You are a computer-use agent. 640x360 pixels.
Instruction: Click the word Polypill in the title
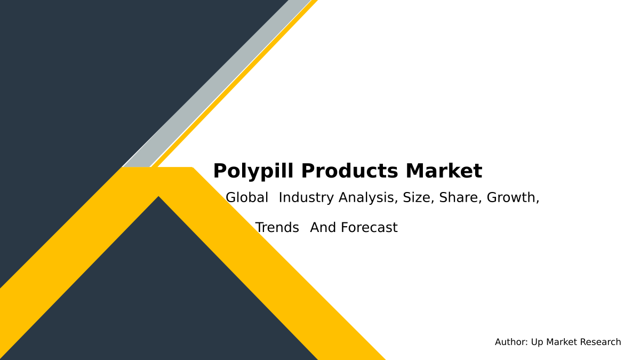point(252,172)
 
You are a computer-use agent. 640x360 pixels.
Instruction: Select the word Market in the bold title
point(444,172)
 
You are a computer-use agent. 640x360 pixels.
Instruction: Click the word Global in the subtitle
point(247,198)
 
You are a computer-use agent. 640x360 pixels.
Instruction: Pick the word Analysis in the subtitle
point(369,198)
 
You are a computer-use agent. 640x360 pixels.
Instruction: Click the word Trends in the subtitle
point(277,228)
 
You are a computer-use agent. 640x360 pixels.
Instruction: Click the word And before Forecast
point(323,228)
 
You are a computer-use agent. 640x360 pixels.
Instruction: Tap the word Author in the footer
point(511,342)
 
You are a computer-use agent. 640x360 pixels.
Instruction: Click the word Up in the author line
point(538,342)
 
